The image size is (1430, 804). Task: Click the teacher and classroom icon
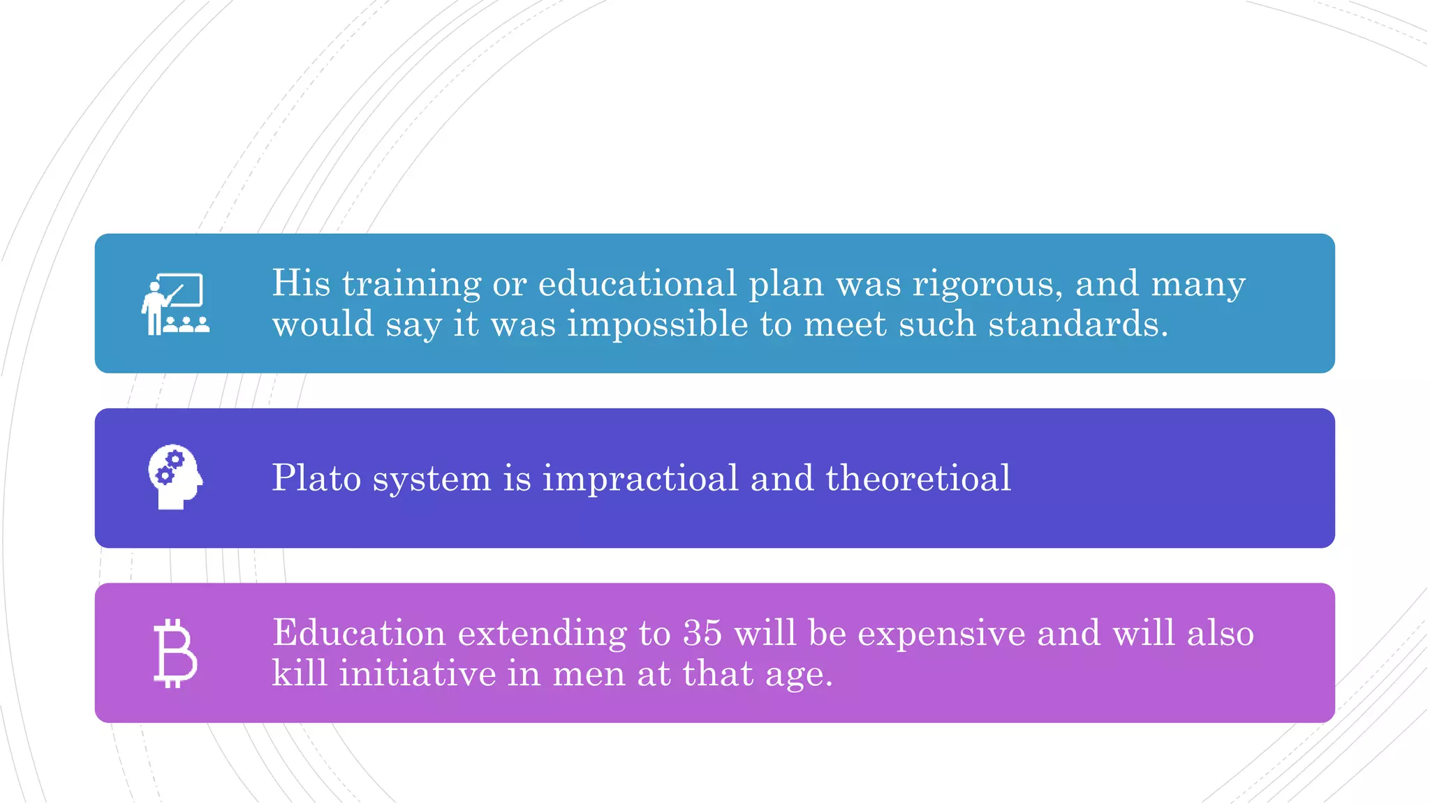(175, 304)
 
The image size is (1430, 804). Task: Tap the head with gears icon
(175, 477)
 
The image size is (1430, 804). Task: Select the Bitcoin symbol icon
(175, 653)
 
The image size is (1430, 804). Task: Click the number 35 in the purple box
(702, 633)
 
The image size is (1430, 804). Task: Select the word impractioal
(640, 479)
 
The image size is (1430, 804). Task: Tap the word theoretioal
(918, 478)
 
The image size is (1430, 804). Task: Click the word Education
(359, 633)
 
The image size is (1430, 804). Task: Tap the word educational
(637, 283)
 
